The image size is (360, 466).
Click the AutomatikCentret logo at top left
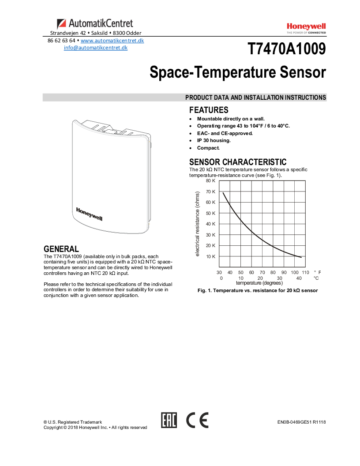(95, 23)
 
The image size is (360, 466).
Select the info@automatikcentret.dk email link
(96, 48)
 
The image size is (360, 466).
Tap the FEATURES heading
(209, 110)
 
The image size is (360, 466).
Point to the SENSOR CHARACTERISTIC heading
(238, 162)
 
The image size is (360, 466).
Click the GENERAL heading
(61, 249)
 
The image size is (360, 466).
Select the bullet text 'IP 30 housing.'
(214, 140)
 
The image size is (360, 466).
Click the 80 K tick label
(210, 181)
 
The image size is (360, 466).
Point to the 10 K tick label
(210, 256)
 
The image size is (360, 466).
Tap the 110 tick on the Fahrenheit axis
(305, 273)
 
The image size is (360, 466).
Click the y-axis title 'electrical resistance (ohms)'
(198, 223)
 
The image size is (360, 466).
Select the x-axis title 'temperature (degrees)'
(259, 283)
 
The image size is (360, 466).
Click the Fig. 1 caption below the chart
(258, 291)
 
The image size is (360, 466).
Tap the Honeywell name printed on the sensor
(89, 214)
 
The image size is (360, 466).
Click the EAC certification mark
(169, 421)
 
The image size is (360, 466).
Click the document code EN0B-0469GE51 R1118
(301, 422)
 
